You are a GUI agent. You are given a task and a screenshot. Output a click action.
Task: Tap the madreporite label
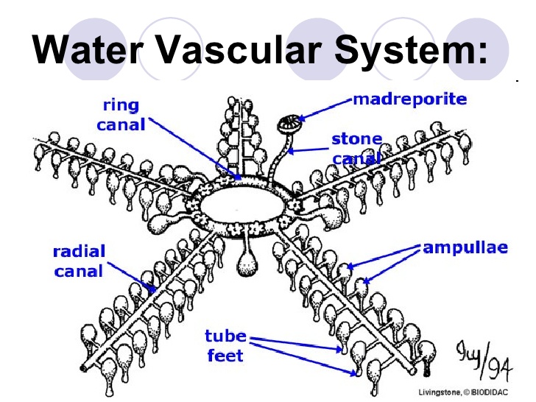tap(409, 99)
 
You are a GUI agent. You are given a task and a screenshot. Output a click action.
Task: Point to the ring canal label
tap(121, 116)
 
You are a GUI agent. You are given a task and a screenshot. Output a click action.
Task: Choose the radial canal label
tap(79, 261)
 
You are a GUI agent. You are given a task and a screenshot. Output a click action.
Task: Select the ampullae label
tap(465, 247)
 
